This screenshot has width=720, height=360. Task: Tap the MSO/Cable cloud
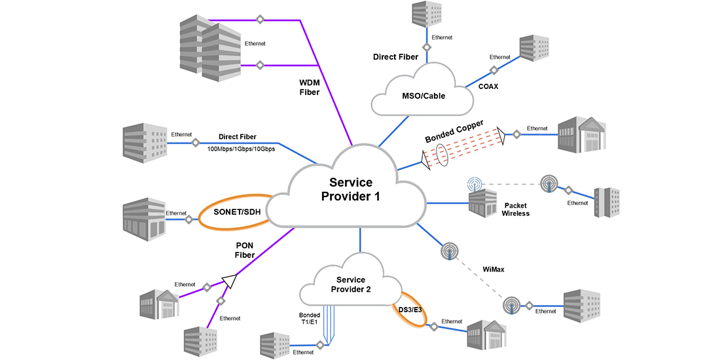pyautogui.click(x=423, y=96)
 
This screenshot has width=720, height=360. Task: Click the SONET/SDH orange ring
pyautogui.click(x=237, y=212)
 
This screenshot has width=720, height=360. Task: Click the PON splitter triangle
pyautogui.click(x=229, y=281)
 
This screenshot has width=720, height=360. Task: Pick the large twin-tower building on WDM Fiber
pyautogui.click(x=210, y=45)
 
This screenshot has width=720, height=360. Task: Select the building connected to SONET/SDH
pyautogui.click(x=144, y=217)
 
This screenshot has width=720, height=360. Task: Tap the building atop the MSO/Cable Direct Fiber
pyautogui.click(x=426, y=14)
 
